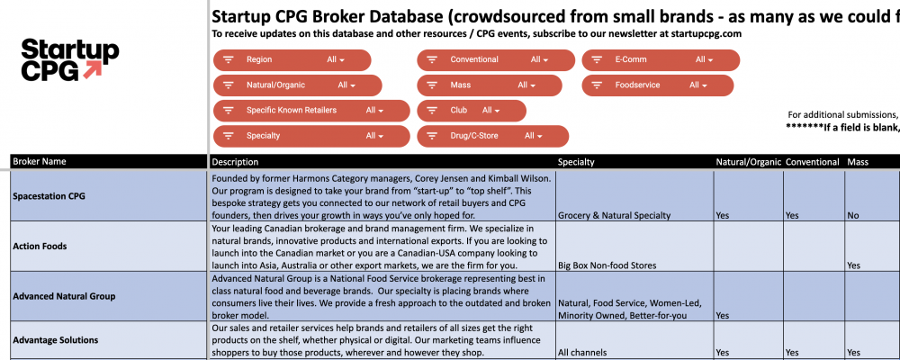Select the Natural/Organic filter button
point(298,85)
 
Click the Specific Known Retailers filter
point(298,111)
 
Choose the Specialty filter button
point(298,136)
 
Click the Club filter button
point(472,111)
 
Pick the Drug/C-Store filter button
point(492,136)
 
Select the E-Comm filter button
point(661,60)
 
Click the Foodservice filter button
point(657,85)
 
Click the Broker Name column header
point(40,162)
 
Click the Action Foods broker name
point(40,246)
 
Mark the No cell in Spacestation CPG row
point(854,216)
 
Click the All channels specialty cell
point(584,353)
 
